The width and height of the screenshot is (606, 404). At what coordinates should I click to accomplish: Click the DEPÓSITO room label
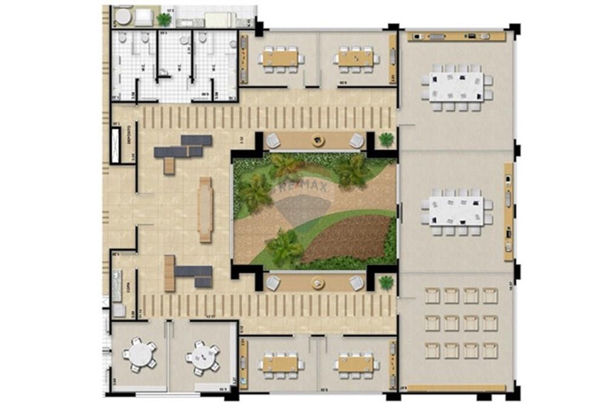pyautogui.click(x=130, y=144)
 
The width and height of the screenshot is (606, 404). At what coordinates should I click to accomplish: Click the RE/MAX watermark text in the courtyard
pyautogui.click(x=303, y=187)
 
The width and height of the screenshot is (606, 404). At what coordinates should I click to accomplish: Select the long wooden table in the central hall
pyautogui.click(x=205, y=210)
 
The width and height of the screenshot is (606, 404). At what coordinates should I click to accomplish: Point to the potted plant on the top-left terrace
pyautogui.click(x=164, y=19)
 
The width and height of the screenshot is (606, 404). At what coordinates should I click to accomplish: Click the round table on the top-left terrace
pyautogui.click(x=124, y=17)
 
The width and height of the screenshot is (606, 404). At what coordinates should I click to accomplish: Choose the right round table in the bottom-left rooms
pyautogui.click(x=202, y=357)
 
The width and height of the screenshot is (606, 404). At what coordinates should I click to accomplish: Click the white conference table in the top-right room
pyautogui.click(x=456, y=87)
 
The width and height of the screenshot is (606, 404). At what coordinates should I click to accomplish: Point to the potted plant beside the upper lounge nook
pyautogui.click(x=386, y=139)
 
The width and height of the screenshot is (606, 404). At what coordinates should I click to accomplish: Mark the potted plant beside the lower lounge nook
pyautogui.click(x=386, y=282)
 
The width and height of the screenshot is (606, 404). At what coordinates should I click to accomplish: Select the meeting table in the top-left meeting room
pyautogui.click(x=281, y=59)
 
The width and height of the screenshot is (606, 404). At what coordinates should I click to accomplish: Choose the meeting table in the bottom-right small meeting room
pyautogui.click(x=356, y=364)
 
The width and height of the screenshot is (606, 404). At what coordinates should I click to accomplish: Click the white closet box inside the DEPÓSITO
pyautogui.click(x=115, y=144)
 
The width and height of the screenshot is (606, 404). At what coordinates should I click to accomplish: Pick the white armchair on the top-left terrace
pyautogui.click(x=144, y=19)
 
